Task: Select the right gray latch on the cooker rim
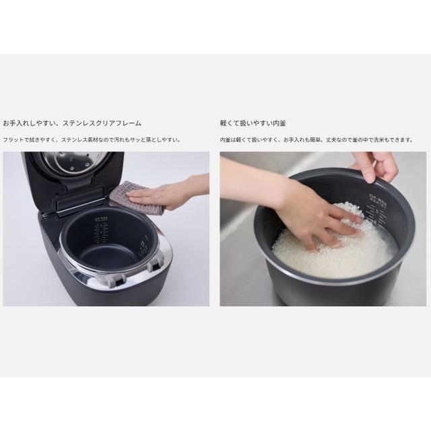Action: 153,265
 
